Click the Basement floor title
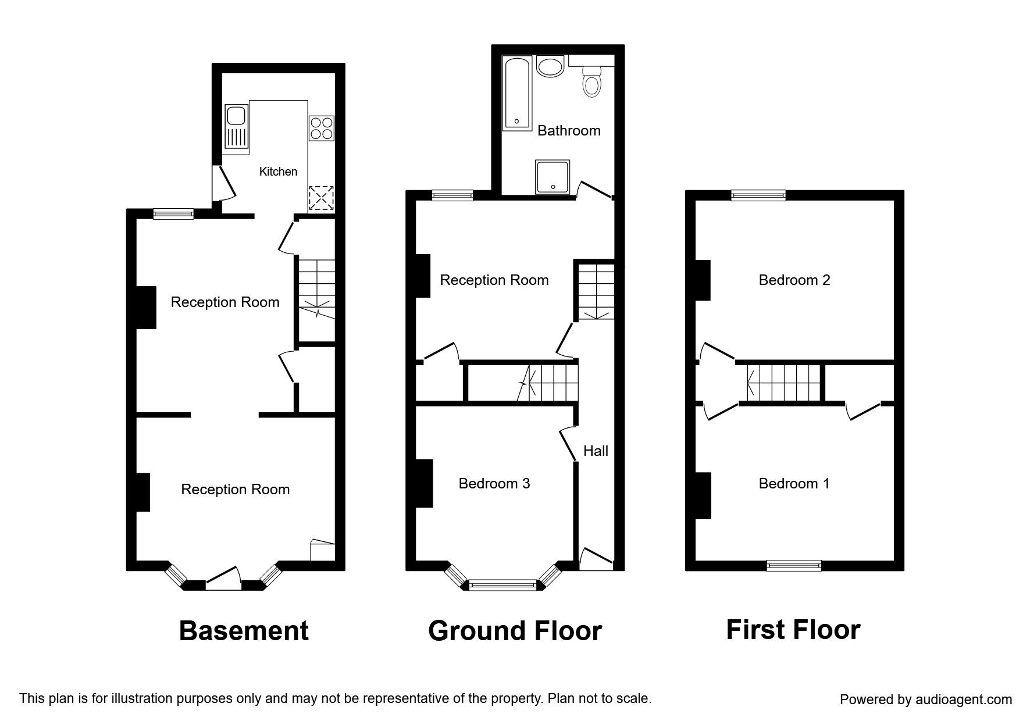[244, 631]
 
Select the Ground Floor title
[515, 631]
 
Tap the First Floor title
[793, 630]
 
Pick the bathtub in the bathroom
[517, 93]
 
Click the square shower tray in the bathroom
[552, 177]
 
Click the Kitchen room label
[278, 172]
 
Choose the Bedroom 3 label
[494, 483]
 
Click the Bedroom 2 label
[794, 280]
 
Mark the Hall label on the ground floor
[596, 451]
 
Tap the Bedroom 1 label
[794, 483]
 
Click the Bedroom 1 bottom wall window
[794, 565]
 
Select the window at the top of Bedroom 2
[758, 195]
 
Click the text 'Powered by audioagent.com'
[926, 699]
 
